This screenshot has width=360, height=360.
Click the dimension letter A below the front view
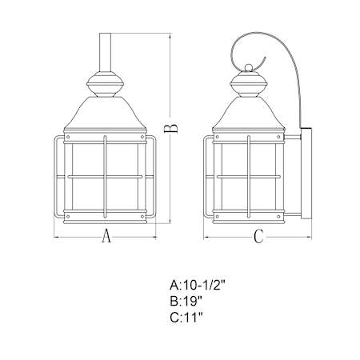click(106, 235)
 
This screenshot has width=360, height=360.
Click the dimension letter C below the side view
click(258, 236)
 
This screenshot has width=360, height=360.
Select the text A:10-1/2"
click(198, 286)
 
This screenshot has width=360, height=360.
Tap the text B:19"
click(186, 302)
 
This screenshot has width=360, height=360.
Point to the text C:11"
click(186, 318)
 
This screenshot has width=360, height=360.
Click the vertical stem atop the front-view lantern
click(105, 52)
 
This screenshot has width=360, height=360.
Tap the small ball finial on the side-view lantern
click(249, 67)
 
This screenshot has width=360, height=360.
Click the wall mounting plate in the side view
click(306, 174)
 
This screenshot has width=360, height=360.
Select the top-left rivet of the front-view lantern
click(68, 137)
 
